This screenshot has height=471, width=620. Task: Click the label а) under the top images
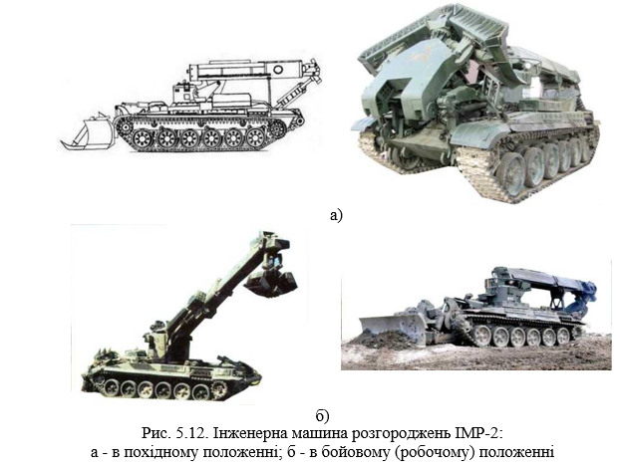(335, 215)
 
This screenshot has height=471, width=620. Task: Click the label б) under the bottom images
(322, 415)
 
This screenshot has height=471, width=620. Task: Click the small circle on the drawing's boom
(278, 70)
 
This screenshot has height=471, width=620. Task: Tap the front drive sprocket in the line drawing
(125, 125)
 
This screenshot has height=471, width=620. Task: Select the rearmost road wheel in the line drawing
(255, 137)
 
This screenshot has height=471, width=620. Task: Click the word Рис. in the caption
(156, 433)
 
